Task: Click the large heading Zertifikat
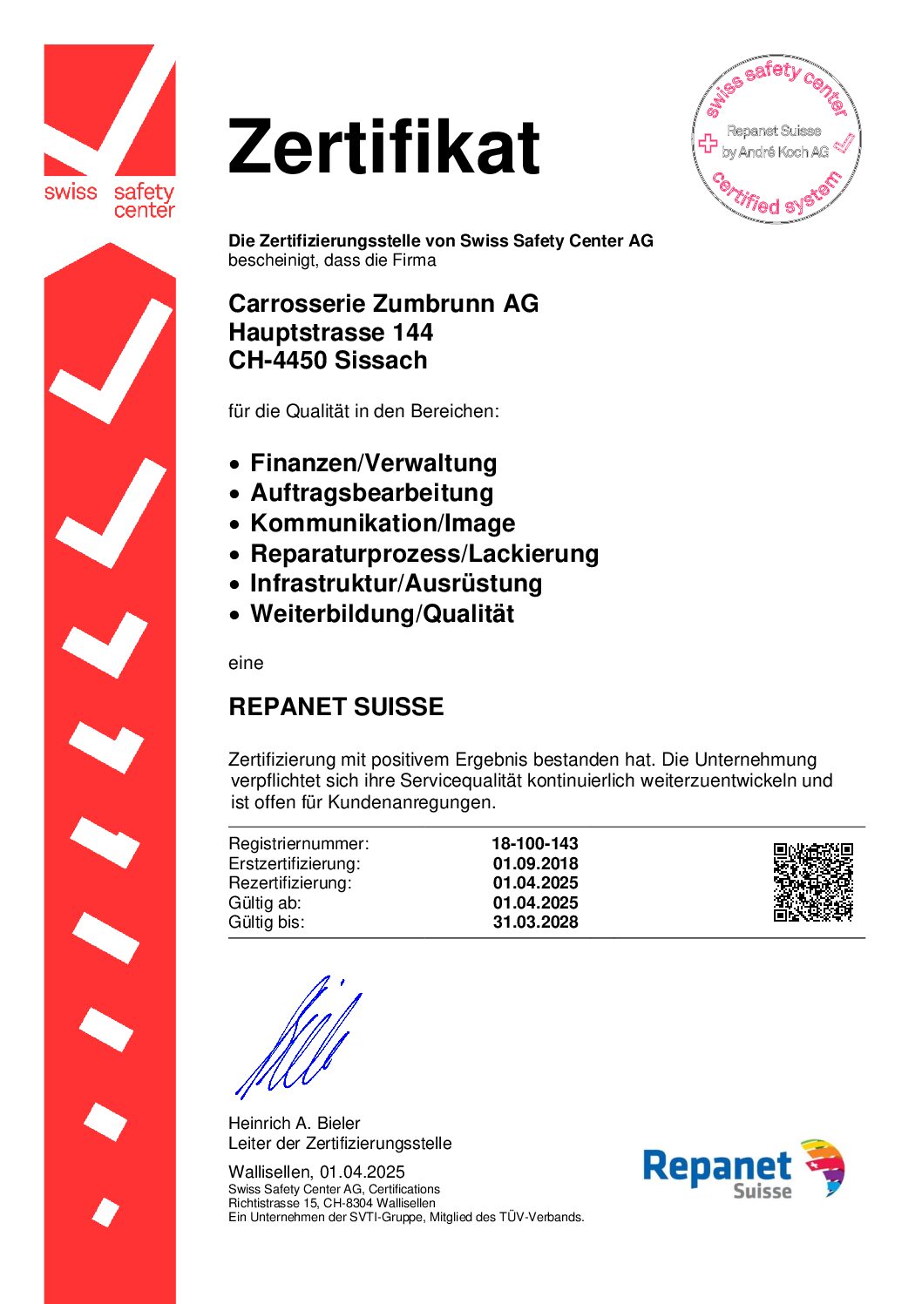point(383,146)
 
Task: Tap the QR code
point(813,882)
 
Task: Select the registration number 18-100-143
point(534,843)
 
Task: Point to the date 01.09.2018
point(535,863)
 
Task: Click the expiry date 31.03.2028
point(535,922)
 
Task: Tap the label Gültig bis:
point(267,922)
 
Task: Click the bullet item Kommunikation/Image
point(383,523)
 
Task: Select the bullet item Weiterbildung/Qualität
point(382,613)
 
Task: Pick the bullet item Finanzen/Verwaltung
point(373,463)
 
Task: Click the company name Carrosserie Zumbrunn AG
point(383,303)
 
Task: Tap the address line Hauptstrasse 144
point(330,332)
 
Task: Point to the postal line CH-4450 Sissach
point(328,360)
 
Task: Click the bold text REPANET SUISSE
point(336,706)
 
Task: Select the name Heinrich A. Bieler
point(294,1123)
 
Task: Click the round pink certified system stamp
point(776,139)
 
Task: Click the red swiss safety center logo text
point(110,199)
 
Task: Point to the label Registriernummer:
point(298,843)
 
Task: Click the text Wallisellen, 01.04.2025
point(316,1172)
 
